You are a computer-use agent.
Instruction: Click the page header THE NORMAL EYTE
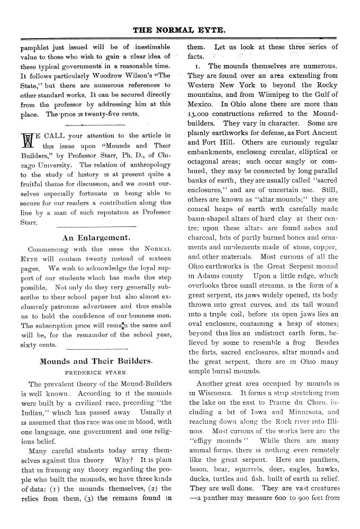coord(179,30)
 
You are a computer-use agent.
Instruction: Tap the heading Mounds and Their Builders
coord(96,361)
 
